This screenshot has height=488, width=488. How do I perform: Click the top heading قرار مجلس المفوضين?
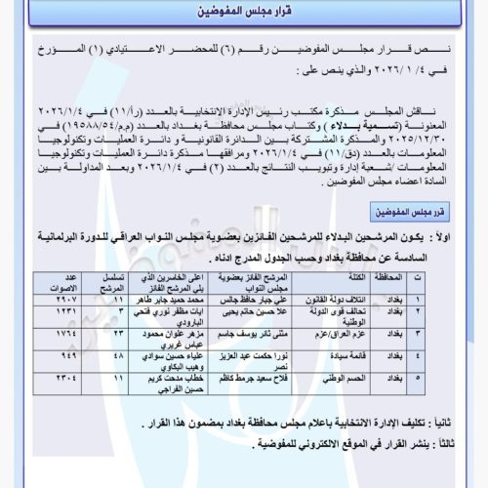click(244, 16)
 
